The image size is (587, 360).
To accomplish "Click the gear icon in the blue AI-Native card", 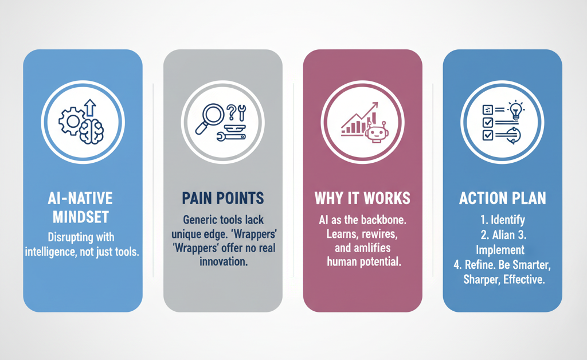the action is coord(72,121).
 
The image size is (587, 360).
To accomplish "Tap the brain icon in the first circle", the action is coord(91,132).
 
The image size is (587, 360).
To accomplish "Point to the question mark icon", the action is coord(232,112).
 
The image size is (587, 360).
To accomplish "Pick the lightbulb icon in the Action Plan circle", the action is coord(516,109).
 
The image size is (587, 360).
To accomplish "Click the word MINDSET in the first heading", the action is coord(81,217).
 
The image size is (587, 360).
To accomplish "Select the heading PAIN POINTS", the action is coord(223,198).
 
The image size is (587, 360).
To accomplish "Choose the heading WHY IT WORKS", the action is coord(362,198).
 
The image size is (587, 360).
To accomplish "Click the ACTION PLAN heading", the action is coord(502,198).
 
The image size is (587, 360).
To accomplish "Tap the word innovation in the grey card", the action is coord(224,261).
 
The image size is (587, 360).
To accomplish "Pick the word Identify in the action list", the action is coord(508,220).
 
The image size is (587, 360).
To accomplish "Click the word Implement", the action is coord(500,249).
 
